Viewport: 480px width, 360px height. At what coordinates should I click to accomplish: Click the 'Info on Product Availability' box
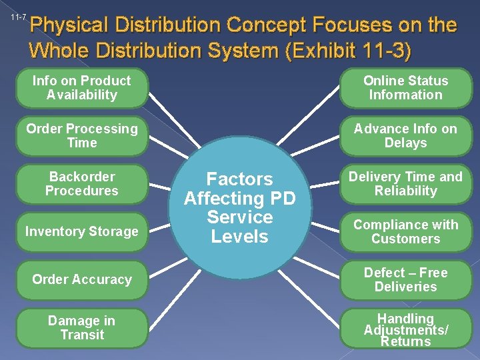[82, 88]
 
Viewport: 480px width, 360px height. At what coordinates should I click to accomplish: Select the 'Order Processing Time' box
[82, 136]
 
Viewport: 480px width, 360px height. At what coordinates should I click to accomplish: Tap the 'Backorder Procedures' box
[82, 184]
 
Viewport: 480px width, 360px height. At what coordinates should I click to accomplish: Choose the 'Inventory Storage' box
[82, 232]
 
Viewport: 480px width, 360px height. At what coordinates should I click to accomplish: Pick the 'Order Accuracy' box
[82, 280]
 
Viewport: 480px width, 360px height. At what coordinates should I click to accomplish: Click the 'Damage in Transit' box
[82, 328]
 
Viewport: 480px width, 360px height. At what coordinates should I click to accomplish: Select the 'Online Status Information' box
[405, 88]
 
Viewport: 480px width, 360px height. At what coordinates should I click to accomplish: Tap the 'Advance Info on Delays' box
[405, 136]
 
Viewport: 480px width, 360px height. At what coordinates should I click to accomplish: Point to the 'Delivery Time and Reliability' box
[405, 184]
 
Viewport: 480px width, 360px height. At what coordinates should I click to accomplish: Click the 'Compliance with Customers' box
[405, 232]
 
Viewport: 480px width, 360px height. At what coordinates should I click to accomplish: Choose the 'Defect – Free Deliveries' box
[405, 280]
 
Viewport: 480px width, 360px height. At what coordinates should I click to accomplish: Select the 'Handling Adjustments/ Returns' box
[405, 329]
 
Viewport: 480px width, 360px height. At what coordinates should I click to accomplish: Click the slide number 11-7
[18, 17]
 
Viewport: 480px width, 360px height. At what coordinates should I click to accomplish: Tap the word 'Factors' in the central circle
[239, 179]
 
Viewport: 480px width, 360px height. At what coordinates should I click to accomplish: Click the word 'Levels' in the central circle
[239, 237]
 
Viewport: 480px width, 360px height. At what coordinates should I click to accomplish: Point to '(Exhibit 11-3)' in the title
[351, 51]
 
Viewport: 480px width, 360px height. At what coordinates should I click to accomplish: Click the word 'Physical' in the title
[69, 26]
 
